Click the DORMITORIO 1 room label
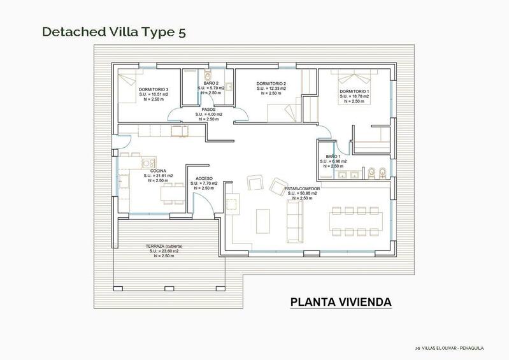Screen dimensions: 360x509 [x=354, y=91]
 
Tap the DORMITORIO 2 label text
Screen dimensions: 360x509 [x=271, y=83]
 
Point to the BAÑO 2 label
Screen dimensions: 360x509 [x=211, y=83]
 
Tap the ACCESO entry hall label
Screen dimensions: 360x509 [x=204, y=178]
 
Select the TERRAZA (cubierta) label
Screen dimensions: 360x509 [x=164, y=246]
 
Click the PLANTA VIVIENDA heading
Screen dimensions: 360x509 [x=341, y=301]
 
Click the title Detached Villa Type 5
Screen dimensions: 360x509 [x=114, y=32]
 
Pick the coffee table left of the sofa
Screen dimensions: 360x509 [x=262, y=220]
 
